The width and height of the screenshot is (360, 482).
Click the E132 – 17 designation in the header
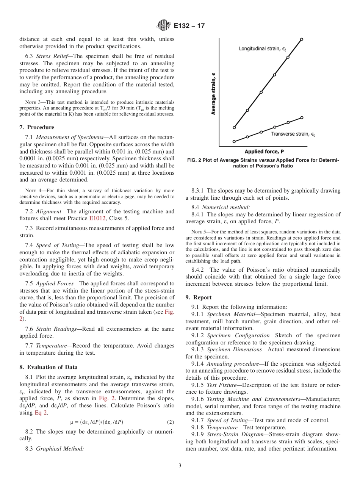(189, 26)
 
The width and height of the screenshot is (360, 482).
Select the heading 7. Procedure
(37, 127)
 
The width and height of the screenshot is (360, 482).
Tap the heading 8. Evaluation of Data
(49, 367)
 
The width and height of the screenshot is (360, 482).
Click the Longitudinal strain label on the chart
(262, 49)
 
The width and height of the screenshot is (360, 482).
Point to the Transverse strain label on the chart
(293, 134)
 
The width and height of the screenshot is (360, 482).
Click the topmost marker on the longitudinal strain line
(302, 39)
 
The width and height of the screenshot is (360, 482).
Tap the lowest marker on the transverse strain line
(234, 141)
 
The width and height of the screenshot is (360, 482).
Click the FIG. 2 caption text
(263, 163)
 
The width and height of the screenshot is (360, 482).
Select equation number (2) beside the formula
(170, 422)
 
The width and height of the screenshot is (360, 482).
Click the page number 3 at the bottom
(180, 466)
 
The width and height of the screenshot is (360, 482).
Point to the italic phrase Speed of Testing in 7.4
(55, 245)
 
